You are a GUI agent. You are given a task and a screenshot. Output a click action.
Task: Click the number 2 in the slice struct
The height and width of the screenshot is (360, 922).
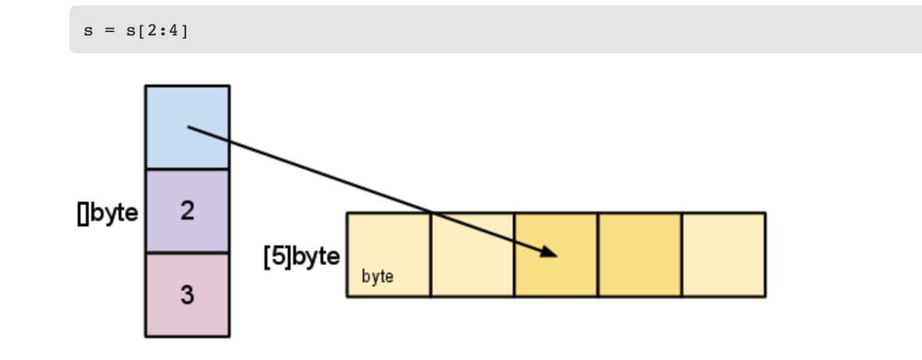[188, 211]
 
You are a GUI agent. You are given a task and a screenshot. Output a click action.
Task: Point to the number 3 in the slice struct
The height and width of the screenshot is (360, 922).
[188, 295]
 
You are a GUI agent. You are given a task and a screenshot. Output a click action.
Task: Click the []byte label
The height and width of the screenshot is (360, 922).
[108, 213]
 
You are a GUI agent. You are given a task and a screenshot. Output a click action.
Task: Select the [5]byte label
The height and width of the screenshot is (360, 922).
[301, 257]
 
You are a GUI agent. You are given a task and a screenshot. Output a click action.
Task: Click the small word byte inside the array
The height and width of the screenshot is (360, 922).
[377, 277]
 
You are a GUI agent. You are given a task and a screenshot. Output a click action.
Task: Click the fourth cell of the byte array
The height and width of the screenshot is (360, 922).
[640, 255]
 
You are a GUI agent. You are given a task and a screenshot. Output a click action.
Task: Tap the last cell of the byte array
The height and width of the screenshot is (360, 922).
[724, 255]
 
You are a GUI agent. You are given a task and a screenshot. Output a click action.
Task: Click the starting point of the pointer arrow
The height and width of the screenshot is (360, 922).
[189, 127]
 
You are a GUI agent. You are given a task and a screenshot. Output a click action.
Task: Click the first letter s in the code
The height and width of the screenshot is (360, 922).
[88, 32]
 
